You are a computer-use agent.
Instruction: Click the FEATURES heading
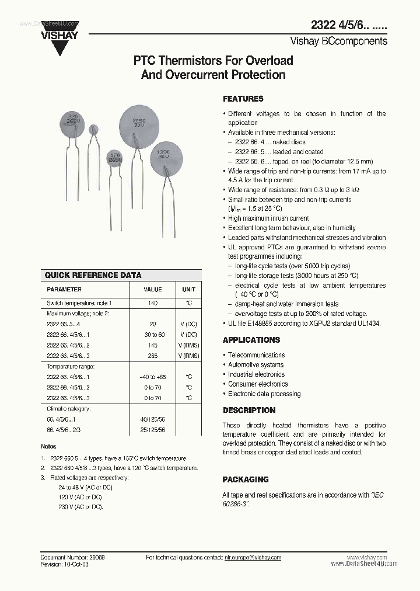click(243, 99)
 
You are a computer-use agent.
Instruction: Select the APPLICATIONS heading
click(251, 340)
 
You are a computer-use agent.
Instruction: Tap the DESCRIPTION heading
click(249, 410)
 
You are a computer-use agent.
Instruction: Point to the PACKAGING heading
click(246, 479)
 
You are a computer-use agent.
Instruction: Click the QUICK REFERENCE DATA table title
click(93, 275)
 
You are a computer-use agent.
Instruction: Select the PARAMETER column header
click(64, 290)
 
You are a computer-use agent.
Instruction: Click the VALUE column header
click(153, 290)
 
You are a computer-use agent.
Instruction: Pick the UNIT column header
click(189, 290)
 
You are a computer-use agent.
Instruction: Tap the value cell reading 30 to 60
click(153, 335)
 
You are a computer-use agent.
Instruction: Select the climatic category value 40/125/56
click(153, 419)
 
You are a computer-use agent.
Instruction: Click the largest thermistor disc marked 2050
click(140, 123)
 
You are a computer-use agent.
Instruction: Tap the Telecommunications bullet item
click(256, 355)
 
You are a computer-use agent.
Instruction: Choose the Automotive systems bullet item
click(256, 365)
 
